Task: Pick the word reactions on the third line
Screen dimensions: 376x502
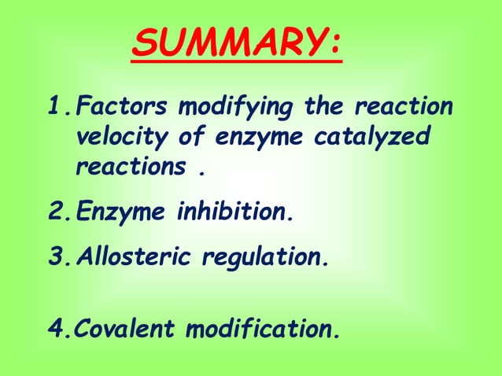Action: tap(128, 168)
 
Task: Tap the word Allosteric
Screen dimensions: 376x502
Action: tap(132, 256)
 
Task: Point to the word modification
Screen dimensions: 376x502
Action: tap(264, 329)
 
